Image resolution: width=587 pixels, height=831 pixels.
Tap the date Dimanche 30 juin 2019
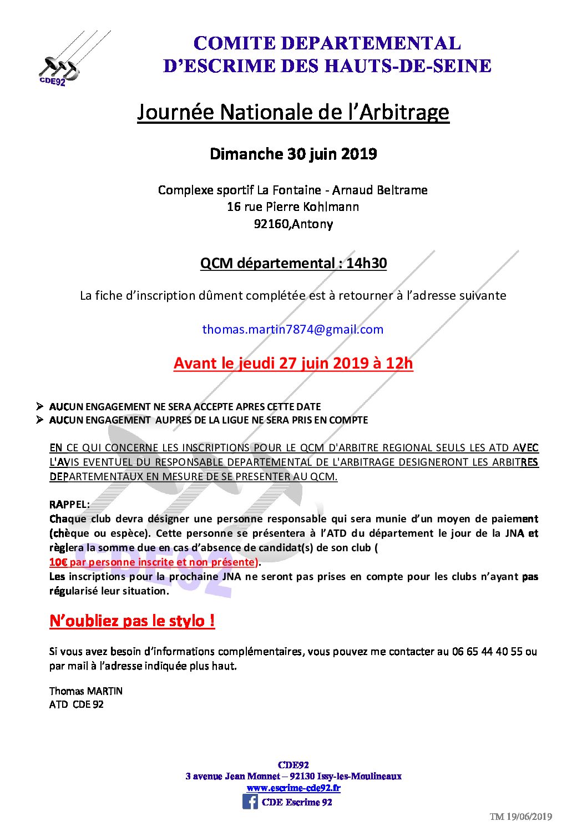293,154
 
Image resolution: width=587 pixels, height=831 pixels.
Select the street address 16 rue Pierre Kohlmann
293,207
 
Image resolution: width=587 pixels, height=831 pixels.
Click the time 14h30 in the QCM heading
366,263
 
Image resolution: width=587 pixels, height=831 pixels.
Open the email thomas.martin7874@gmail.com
292,329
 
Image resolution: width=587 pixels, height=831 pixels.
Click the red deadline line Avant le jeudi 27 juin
293,363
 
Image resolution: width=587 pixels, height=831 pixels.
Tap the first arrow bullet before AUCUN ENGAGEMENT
40,406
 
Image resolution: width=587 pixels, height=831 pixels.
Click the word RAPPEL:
69,505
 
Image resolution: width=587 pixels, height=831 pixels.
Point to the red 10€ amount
58,562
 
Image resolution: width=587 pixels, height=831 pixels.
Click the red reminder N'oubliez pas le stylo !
132,621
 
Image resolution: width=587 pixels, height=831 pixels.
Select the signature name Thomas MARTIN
86,691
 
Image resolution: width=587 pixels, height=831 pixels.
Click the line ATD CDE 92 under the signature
77,704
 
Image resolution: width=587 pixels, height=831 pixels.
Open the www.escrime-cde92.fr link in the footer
293,788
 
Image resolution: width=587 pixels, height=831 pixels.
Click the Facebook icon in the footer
250,802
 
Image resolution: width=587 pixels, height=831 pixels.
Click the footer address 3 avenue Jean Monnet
232,776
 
